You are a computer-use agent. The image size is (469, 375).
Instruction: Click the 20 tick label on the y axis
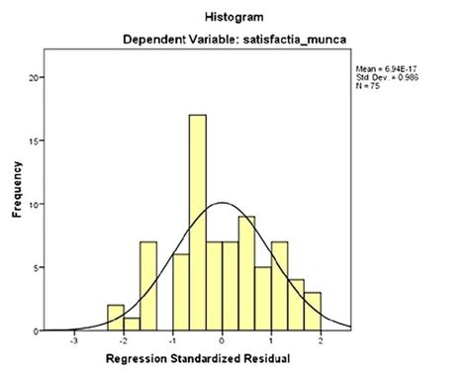[x=37, y=77]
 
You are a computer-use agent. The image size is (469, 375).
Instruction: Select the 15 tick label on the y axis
[x=37, y=141]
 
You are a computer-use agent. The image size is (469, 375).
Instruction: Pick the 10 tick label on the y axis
[x=37, y=204]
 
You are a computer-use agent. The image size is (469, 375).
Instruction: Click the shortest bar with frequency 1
[x=132, y=324]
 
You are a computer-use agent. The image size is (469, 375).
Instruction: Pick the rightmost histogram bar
[x=313, y=311]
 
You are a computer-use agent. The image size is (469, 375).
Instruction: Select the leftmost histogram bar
[x=116, y=318]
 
